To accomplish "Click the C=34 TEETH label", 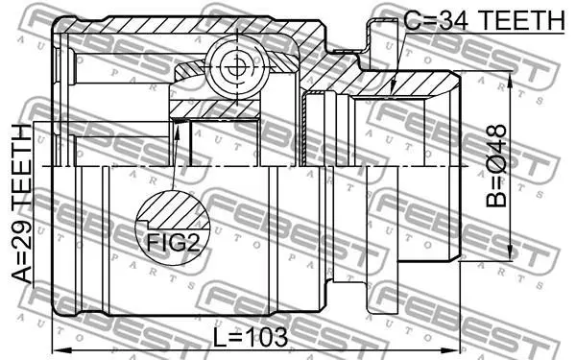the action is point(484,20).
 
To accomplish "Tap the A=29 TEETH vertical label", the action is point(22,204).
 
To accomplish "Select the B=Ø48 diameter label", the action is point(496,166).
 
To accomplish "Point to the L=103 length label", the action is point(251,337).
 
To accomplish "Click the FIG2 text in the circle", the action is point(174,243).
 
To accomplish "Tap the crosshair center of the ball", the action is point(235,68).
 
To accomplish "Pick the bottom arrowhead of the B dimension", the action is point(510,253).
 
